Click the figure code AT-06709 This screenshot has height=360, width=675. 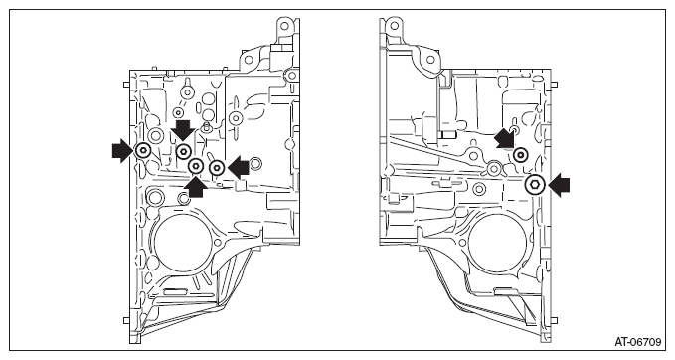(x=637, y=342)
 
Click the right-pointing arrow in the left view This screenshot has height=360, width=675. (x=122, y=151)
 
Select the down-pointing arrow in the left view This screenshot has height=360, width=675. (x=183, y=130)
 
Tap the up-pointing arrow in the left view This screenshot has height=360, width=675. (x=195, y=187)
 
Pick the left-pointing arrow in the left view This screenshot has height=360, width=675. (x=239, y=168)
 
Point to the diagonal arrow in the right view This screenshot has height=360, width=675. (x=504, y=139)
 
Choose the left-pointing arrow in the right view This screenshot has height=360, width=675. (x=560, y=185)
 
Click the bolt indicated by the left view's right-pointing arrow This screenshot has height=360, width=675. (x=142, y=151)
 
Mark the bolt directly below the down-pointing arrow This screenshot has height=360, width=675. (x=184, y=151)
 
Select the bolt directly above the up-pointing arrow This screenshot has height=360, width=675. (x=196, y=166)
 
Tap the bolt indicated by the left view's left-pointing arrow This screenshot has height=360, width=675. (x=217, y=167)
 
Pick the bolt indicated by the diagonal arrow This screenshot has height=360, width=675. (x=521, y=154)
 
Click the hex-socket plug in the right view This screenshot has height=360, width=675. (x=535, y=185)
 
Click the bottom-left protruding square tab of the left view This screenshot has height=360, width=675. (x=126, y=321)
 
